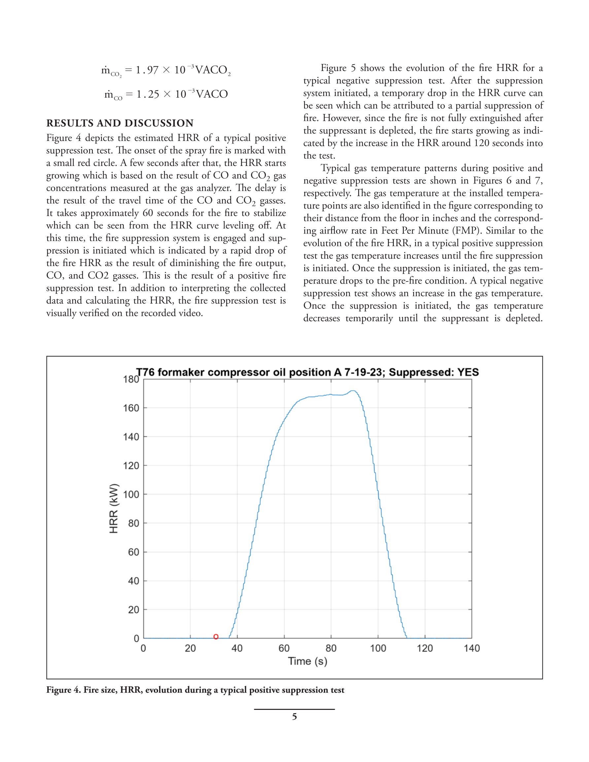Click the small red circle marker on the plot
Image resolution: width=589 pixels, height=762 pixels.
(x=216, y=637)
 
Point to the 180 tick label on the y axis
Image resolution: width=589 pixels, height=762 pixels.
(x=131, y=379)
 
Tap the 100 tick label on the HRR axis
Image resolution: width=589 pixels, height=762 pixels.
(x=131, y=494)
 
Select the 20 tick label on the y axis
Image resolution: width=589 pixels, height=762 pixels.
(x=133, y=610)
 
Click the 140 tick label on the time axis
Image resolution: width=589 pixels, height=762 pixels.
(x=472, y=648)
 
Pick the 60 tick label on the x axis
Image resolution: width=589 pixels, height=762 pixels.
(x=284, y=648)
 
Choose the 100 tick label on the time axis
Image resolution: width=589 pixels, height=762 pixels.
(x=378, y=648)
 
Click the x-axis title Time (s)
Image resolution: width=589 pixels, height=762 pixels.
(x=307, y=661)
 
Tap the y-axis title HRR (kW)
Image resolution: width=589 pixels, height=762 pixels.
(x=114, y=508)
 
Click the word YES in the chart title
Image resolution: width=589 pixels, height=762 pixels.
(x=468, y=372)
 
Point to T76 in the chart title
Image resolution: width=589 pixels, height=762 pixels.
(x=145, y=372)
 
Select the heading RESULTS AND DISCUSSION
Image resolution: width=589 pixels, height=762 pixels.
(x=120, y=123)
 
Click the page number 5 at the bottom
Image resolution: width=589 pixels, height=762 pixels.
(x=294, y=717)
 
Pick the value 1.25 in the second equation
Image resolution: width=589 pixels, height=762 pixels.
(x=148, y=94)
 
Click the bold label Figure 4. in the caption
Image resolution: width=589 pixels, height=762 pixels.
(x=63, y=690)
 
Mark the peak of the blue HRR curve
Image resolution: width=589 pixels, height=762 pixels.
(x=353, y=391)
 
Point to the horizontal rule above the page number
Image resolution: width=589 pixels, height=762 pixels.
(x=294, y=709)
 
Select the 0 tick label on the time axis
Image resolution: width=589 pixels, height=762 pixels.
(x=143, y=648)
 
